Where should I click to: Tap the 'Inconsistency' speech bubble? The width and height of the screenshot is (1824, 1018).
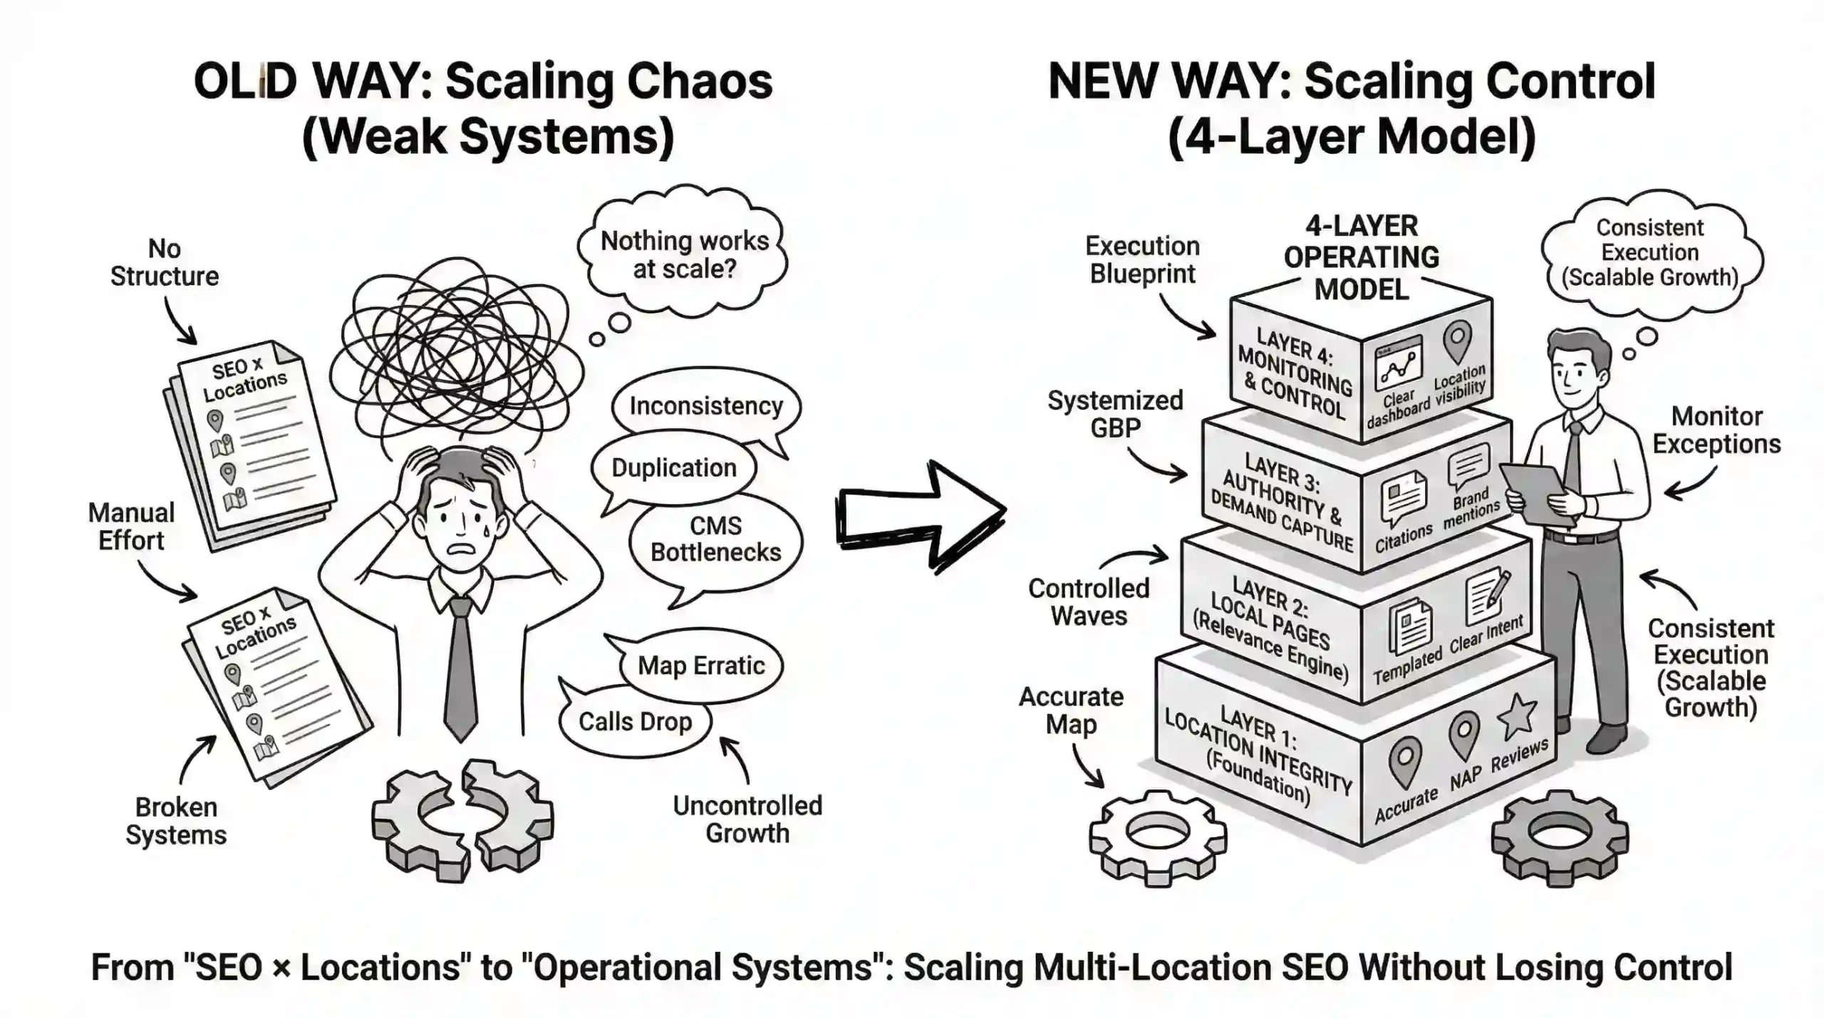tap(705, 406)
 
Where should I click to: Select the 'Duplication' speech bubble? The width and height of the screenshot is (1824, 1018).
tap(673, 468)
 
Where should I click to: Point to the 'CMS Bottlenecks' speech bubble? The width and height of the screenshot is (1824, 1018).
tap(715, 539)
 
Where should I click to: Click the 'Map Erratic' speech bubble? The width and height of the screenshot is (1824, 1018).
tap(701, 665)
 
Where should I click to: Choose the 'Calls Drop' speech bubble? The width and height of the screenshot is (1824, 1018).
tap(635, 722)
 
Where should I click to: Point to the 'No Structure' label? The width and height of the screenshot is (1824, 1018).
tap(164, 262)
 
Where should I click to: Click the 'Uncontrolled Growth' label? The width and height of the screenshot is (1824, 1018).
tap(747, 819)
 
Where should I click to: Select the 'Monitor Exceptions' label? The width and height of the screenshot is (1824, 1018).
tap(1716, 430)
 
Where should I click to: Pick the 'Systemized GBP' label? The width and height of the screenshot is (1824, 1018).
tap(1115, 414)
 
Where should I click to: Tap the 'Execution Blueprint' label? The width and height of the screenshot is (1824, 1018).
tap(1142, 260)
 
